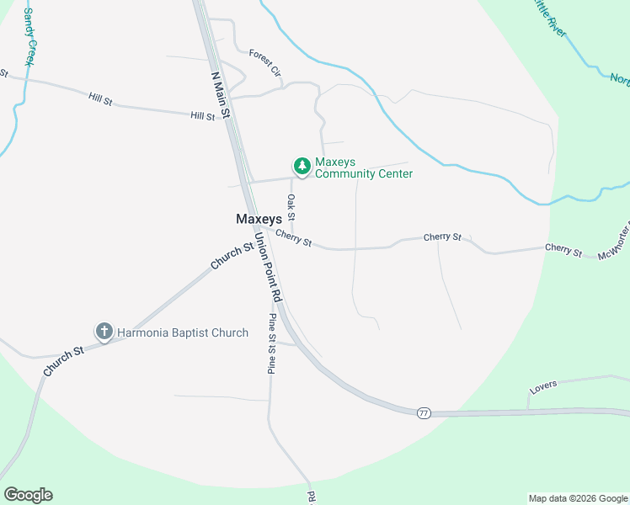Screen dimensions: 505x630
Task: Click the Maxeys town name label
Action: click(259, 219)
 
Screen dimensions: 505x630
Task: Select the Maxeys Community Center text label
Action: click(364, 168)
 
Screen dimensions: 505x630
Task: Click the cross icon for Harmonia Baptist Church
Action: click(104, 332)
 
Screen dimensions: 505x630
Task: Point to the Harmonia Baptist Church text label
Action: click(182, 332)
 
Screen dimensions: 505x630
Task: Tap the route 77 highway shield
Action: click(423, 412)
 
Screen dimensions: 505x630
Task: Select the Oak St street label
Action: click(291, 207)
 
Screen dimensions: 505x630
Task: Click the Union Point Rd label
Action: click(267, 268)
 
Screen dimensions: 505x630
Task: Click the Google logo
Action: click(28, 494)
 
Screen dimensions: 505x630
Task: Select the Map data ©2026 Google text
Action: click(578, 498)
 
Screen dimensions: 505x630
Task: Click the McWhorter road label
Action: click(613, 245)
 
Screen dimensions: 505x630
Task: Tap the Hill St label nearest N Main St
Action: click(202, 116)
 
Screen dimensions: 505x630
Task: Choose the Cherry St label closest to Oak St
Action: click(293, 240)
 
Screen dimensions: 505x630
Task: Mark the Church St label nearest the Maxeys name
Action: click(232, 256)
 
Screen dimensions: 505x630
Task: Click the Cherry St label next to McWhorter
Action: click(563, 249)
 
